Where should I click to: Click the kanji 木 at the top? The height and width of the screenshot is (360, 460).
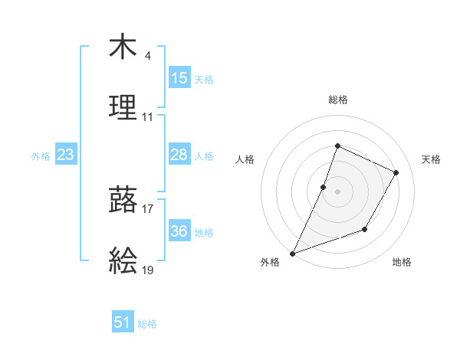(x=123, y=47)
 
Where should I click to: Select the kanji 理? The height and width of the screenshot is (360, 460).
(x=123, y=107)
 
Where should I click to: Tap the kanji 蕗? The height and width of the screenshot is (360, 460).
(x=123, y=201)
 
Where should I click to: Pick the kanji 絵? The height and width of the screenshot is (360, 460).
(x=123, y=261)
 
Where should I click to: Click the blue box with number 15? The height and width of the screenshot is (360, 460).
(x=179, y=78)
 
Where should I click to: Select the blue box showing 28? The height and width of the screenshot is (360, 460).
(x=179, y=155)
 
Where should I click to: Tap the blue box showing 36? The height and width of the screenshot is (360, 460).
(x=179, y=231)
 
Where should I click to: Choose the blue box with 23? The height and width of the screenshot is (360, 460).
(x=66, y=155)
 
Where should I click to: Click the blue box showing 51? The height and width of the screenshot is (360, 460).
(x=123, y=323)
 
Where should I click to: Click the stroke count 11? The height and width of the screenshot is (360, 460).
(x=147, y=116)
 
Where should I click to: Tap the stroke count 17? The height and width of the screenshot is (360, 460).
(x=147, y=208)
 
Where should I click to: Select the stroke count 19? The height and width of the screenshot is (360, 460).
(x=147, y=270)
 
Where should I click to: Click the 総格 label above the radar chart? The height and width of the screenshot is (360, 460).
(x=338, y=100)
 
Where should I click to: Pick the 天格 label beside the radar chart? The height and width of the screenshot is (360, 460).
(x=432, y=159)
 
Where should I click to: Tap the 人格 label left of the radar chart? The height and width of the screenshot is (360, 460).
(x=245, y=159)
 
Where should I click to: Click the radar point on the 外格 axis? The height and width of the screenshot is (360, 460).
(x=292, y=253)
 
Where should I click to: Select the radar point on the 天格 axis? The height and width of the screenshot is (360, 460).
(x=396, y=172)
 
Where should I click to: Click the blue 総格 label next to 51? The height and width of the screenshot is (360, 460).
(x=147, y=324)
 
